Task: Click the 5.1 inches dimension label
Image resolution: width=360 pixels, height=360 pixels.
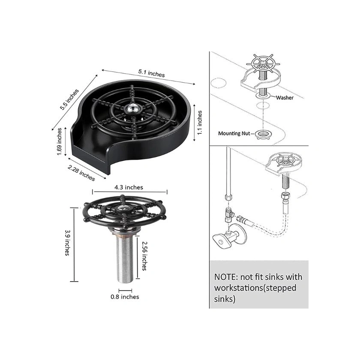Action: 151,73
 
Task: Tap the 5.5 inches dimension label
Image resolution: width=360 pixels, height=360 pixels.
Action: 69,99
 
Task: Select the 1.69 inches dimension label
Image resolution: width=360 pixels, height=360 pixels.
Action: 59,141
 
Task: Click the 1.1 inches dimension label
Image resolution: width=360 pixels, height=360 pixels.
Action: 200,123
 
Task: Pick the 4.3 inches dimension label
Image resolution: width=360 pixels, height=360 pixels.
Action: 129,187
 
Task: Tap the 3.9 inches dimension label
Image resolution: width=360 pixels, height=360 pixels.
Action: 67,243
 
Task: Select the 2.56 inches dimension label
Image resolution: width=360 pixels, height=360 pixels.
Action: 144,256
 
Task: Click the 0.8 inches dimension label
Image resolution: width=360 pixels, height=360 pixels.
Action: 125,297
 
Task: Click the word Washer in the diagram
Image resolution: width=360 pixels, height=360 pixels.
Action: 285,98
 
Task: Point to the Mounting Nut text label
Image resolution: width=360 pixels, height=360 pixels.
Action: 234,133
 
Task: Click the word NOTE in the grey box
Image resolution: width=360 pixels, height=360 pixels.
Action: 225,277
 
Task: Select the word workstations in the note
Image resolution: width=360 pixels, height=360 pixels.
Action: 238,288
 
